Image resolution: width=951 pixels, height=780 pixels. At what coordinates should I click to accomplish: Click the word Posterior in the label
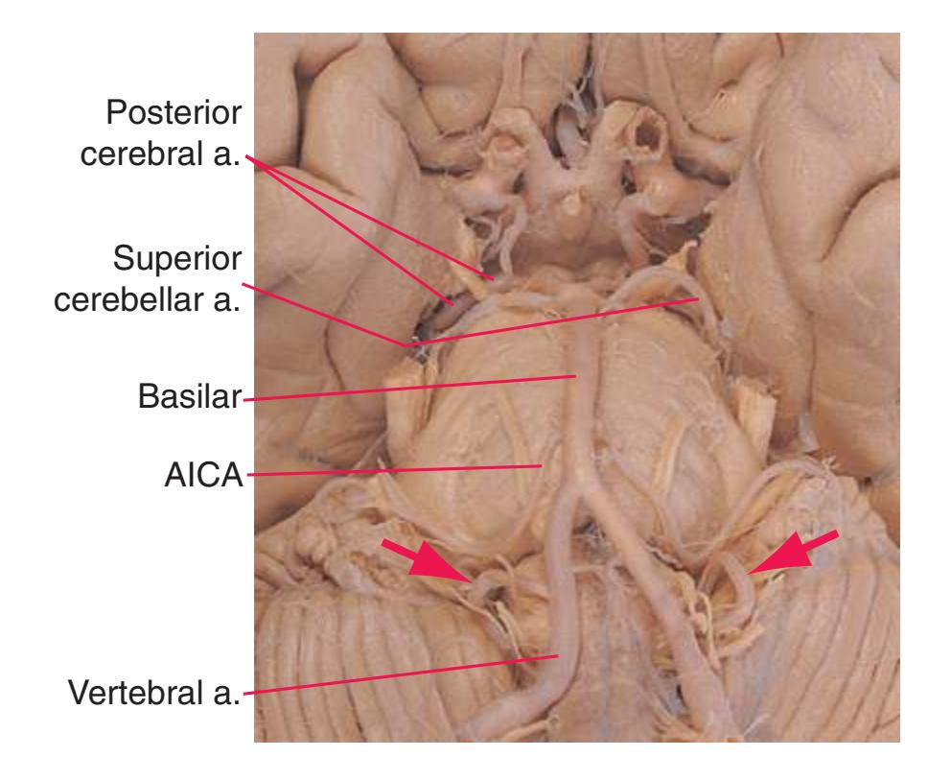pyautogui.click(x=174, y=113)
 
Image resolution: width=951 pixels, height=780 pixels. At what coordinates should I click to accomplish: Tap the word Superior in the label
pyautogui.click(x=177, y=258)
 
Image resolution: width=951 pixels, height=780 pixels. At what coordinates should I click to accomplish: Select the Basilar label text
pyautogui.click(x=190, y=396)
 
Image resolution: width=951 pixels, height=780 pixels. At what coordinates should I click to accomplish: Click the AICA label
pyautogui.click(x=204, y=475)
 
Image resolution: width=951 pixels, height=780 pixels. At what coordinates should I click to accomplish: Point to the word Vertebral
pyautogui.click(x=136, y=693)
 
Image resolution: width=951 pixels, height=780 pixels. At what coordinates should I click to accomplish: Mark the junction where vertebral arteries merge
pyautogui.click(x=581, y=485)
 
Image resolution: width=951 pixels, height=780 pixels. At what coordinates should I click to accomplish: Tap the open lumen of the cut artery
pyautogui.click(x=645, y=134)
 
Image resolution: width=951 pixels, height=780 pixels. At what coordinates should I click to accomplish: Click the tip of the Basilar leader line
pyautogui.click(x=575, y=376)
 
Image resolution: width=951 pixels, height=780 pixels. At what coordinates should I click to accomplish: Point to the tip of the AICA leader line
pyautogui.click(x=541, y=466)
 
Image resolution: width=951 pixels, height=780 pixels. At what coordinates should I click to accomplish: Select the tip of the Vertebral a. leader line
pyautogui.click(x=557, y=655)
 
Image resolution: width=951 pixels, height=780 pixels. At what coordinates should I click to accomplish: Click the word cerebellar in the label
pyautogui.click(x=130, y=299)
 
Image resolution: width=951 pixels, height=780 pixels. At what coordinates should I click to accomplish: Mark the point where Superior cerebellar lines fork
pyautogui.click(x=406, y=345)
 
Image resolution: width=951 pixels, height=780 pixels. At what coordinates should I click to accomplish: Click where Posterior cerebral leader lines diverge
pyautogui.click(x=246, y=156)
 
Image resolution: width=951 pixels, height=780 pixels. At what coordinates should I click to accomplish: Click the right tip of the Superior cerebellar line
pyautogui.click(x=699, y=298)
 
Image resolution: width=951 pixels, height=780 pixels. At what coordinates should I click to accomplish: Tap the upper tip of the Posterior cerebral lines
pyautogui.click(x=494, y=278)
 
